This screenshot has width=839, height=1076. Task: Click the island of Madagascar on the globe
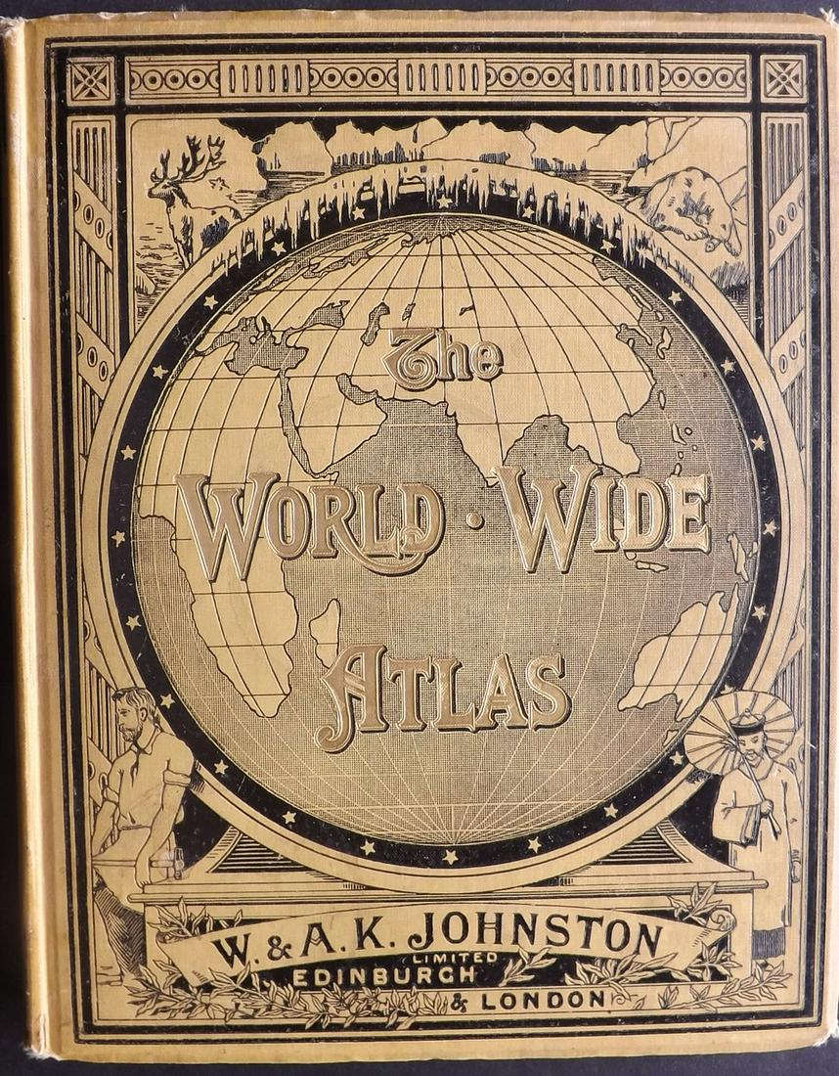point(326,632)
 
